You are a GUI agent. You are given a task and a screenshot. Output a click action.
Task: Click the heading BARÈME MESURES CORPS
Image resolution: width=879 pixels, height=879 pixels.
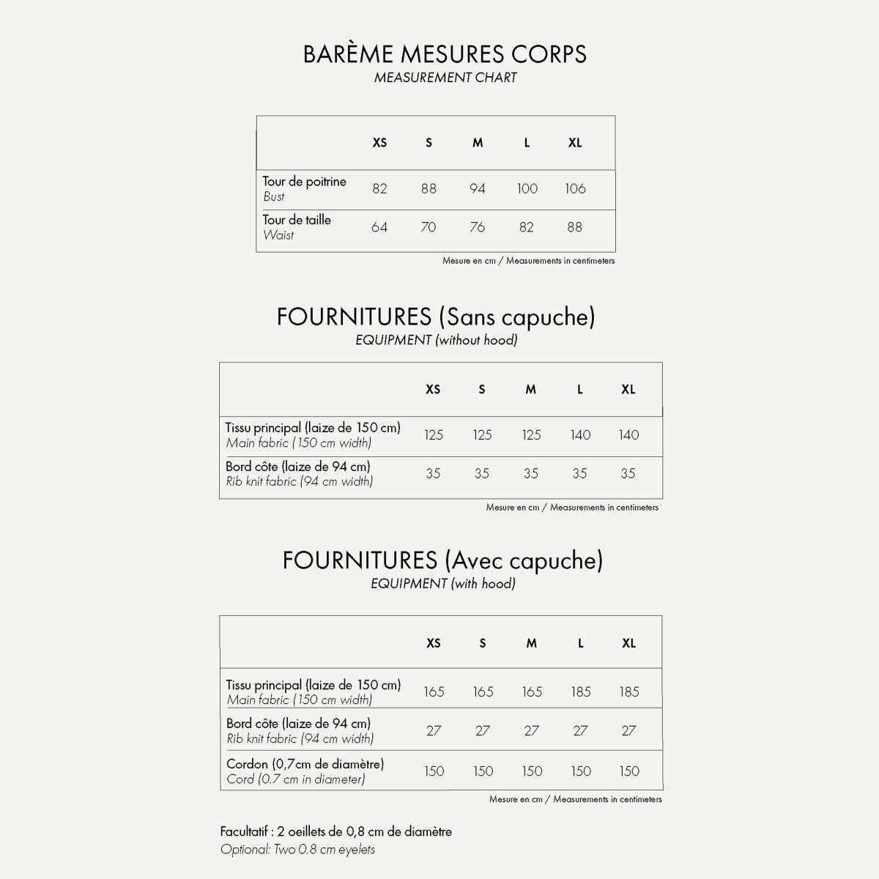pos(445,54)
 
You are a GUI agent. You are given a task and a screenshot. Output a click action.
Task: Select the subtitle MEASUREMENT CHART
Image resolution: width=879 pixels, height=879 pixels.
pos(445,78)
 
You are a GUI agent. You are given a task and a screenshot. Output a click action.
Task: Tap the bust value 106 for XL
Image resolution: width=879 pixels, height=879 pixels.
pos(575,189)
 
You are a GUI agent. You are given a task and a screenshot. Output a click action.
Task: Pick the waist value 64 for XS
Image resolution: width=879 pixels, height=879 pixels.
pos(379,227)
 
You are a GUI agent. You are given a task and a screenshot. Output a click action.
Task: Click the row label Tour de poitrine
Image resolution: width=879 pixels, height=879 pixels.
pos(304,182)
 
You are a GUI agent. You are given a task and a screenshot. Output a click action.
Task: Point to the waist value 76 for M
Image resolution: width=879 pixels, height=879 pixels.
pos(478,227)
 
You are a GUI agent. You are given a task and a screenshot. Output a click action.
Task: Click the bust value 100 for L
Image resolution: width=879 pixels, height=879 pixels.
pos(527,189)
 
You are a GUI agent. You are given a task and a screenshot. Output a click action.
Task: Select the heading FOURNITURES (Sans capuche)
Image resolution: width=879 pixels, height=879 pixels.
pos(436,317)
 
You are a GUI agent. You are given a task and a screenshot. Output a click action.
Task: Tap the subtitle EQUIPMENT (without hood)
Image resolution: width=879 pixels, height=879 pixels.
pos(437,340)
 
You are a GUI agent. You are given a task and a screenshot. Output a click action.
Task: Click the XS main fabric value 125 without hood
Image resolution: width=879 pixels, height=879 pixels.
pos(434,435)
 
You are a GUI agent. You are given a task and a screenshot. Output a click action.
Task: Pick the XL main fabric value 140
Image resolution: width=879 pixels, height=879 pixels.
pos(628,435)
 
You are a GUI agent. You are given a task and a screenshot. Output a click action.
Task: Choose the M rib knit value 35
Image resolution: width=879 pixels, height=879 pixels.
pos(531,474)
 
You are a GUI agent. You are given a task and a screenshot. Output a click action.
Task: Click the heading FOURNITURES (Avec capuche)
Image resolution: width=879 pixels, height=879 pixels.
pos(442,560)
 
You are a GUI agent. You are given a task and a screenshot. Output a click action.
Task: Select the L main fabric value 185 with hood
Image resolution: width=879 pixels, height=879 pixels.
pos(581,691)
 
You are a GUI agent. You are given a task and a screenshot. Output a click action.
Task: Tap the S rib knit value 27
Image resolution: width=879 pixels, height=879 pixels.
pos(483,730)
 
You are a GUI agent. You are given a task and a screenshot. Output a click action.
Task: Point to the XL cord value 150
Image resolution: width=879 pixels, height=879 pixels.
pos(629,771)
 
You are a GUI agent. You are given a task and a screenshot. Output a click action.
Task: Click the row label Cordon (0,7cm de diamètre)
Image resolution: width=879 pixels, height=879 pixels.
pos(305,764)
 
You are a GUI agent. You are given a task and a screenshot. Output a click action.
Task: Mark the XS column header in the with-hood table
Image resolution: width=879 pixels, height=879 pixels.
pos(434,643)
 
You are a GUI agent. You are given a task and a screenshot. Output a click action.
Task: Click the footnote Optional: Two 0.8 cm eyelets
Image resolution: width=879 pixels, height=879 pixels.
pos(297,850)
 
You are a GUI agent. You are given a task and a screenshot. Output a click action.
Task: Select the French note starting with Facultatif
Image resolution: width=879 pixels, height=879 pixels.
pos(335,831)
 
